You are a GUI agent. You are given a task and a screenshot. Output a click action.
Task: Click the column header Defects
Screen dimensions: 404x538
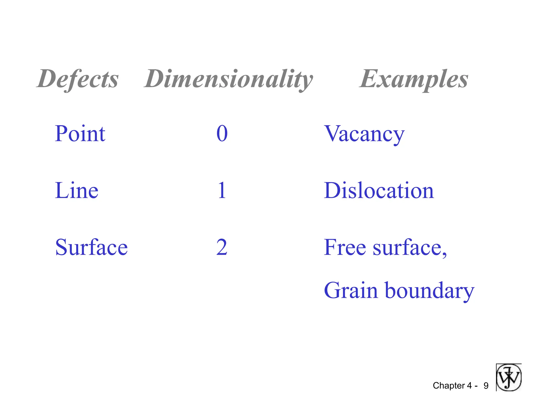(x=78, y=79)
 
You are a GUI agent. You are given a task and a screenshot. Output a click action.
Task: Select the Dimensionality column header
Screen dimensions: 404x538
(x=229, y=79)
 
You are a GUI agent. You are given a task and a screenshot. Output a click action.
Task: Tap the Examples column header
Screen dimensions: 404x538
(x=414, y=79)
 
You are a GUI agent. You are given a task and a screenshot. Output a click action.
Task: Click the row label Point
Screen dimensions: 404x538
(x=80, y=134)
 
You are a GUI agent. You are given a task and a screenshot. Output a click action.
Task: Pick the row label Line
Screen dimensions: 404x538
(x=77, y=190)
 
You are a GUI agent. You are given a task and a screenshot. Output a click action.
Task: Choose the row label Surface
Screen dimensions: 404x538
(x=91, y=248)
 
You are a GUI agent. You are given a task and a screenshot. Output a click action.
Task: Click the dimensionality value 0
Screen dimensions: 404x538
(x=222, y=134)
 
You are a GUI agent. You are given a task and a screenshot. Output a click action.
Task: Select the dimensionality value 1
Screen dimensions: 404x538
(x=222, y=190)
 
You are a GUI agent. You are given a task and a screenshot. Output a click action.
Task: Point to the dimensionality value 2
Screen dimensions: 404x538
(x=222, y=248)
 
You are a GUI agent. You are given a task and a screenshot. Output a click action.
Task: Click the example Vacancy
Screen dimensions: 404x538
(x=364, y=134)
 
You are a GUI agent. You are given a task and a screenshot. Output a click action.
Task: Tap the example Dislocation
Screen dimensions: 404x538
(x=379, y=190)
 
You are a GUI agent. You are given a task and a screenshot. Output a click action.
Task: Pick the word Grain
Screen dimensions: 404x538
(x=351, y=291)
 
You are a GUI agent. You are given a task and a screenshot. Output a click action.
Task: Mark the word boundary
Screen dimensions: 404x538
(x=430, y=291)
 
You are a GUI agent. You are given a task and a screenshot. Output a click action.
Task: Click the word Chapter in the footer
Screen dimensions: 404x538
(x=449, y=386)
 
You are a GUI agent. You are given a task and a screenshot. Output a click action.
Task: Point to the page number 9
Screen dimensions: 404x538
(x=486, y=386)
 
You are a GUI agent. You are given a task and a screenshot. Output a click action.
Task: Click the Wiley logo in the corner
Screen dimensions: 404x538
(x=509, y=377)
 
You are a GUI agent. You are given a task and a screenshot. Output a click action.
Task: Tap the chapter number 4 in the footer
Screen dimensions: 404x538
(x=469, y=386)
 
